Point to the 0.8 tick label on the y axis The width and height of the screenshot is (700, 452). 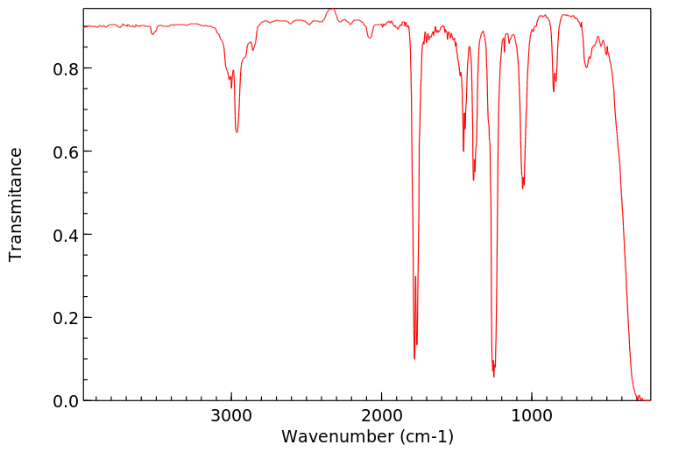[66, 68]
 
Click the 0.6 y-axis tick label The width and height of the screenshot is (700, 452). [66, 152]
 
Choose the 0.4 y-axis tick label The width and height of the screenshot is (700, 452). [66, 235]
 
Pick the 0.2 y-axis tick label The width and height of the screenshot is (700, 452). [66, 318]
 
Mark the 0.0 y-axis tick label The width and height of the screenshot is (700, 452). [66, 401]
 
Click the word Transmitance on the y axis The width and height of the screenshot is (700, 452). [16, 204]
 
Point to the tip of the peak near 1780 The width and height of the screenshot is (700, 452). [414, 358]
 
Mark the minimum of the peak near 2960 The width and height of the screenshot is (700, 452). [237, 132]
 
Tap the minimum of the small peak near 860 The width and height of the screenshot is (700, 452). [554, 91]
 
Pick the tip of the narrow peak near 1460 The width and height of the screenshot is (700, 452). [463, 151]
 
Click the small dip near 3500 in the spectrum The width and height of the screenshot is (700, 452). [152, 34]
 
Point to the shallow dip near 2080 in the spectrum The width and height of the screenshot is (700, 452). [370, 38]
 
